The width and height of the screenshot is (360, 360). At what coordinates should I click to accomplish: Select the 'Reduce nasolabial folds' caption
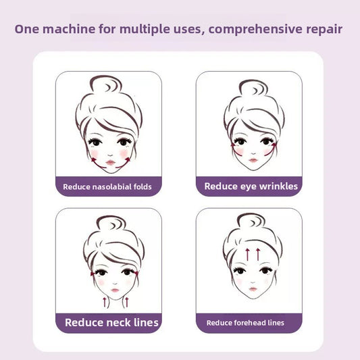tap(107, 186)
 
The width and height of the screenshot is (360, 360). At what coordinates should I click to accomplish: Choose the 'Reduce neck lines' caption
tap(111, 322)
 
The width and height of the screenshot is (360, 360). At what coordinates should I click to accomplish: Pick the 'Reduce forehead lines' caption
tap(245, 323)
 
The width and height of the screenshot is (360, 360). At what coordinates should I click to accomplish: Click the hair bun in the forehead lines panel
tap(251, 222)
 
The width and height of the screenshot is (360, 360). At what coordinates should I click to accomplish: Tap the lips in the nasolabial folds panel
tap(109, 159)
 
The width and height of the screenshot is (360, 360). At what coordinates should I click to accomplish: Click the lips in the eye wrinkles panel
tap(253, 159)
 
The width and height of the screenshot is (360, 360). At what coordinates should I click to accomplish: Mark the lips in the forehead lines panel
tap(252, 289)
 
